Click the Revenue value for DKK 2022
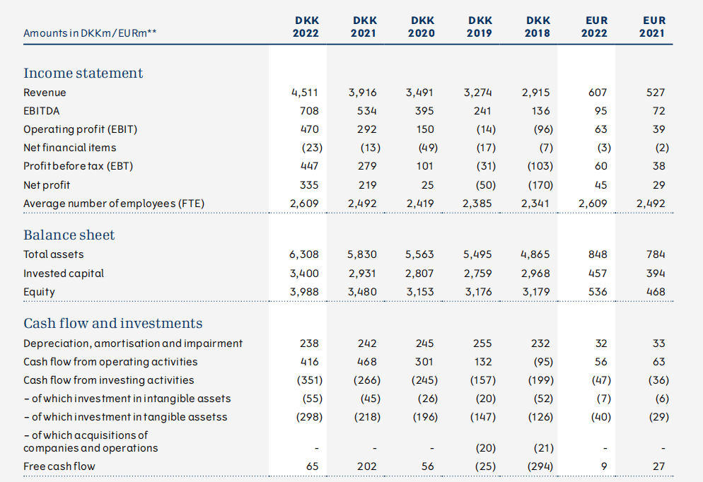(305, 93)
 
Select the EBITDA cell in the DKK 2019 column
(482, 111)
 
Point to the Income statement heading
(83, 73)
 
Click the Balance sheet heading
(69, 235)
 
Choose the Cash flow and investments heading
(113, 323)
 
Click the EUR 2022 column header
(595, 27)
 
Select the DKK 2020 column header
(422, 27)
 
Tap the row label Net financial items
(69, 148)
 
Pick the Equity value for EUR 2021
(656, 292)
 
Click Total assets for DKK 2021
(362, 254)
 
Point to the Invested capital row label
(64, 274)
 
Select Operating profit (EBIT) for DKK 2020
(425, 129)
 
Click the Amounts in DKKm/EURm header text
(90, 33)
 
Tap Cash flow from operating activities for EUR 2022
(600, 362)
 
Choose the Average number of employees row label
(114, 204)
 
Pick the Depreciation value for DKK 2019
(482, 343)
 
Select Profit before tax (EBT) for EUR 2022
(600, 166)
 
